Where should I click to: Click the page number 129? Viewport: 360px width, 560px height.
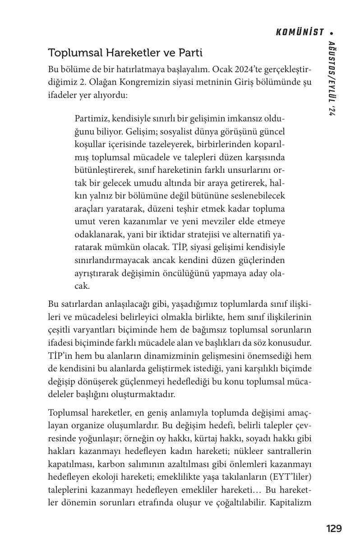tap(334, 528)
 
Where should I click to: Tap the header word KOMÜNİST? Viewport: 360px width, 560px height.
tap(300, 32)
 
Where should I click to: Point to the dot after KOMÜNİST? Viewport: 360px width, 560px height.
tap(332, 33)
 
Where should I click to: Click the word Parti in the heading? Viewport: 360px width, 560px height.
tap(191, 53)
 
